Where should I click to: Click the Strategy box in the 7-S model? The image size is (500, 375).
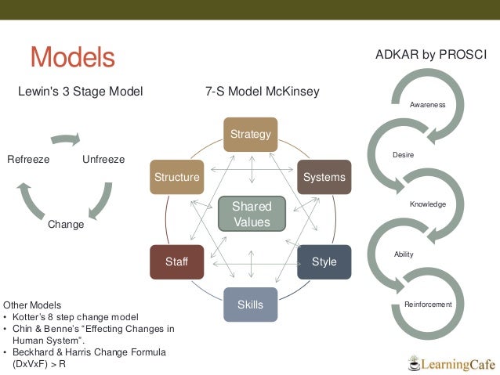[x=251, y=134]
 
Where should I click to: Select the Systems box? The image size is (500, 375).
[x=324, y=177]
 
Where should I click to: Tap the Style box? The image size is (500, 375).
[x=324, y=261]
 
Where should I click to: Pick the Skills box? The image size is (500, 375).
[x=251, y=305]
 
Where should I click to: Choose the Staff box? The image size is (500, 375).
[x=177, y=261]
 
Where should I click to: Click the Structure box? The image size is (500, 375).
[x=177, y=177]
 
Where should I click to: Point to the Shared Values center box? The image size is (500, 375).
[x=251, y=214]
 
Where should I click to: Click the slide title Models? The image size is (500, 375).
[x=72, y=57]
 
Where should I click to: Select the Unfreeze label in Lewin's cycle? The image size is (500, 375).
[x=103, y=160]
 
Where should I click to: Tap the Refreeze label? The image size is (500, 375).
[x=28, y=160]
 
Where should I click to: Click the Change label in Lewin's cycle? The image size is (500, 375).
[x=66, y=225]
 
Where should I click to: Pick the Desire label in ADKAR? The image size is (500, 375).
[x=403, y=155]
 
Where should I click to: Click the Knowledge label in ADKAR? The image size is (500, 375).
[x=427, y=204]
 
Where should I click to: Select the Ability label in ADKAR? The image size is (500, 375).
[x=403, y=254]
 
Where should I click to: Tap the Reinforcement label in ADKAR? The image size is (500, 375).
[x=428, y=304]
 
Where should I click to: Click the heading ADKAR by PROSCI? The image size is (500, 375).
[x=431, y=55]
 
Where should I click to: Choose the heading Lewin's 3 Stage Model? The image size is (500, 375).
[x=80, y=92]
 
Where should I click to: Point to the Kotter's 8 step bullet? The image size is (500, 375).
[x=74, y=316]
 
